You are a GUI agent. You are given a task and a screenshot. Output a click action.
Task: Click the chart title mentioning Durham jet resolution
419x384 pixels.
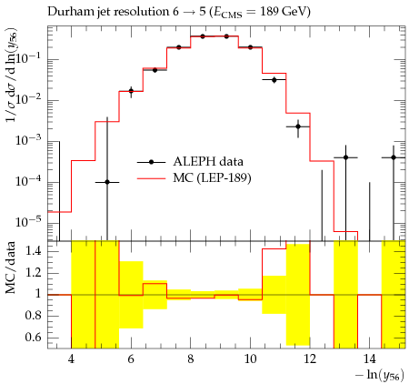pyautogui.click(x=179, y=12)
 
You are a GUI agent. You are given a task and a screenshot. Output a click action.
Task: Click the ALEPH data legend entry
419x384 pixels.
pyautogui.click(x=190, y=162)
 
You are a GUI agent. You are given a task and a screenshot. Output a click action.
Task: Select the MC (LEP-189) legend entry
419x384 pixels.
pyautogui.click(x=195, y=178)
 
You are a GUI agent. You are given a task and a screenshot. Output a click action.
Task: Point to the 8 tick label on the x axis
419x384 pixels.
pyautogui.click(x=190, y=359)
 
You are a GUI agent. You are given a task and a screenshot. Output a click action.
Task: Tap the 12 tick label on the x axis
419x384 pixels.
pyautogui.click(x=310, y=359)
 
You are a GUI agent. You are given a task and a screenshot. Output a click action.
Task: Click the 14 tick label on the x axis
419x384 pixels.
pyautogui.click(x=369, y=359)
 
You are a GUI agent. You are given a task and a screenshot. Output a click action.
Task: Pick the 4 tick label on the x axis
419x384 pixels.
pyautogui.click(x=71, y=359)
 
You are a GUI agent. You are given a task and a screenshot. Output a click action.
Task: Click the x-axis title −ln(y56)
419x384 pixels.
pyautogui.click(x=380, y=375)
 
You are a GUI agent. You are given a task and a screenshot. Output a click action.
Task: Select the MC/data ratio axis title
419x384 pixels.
pyautogui.click(x=11, y=268)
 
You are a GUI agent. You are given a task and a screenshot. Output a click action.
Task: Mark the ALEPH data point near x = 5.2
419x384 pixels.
pyautogui.click(x=107, y=182)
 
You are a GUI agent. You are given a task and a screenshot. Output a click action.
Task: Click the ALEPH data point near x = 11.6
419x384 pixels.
pyautogui.click(x=298, y=126)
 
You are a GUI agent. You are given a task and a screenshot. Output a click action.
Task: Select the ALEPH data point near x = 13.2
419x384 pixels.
pyautogui.click(x=345, y=157)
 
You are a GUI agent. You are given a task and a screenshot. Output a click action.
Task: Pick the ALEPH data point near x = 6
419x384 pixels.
pyautogui.click(x=131, y=91)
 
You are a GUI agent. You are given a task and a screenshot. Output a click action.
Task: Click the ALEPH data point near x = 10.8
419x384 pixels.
pyautogui.click(x=274, y=80)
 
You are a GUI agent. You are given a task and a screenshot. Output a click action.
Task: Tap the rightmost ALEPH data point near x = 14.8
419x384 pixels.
pyautogui.click(x=394, y=157)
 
